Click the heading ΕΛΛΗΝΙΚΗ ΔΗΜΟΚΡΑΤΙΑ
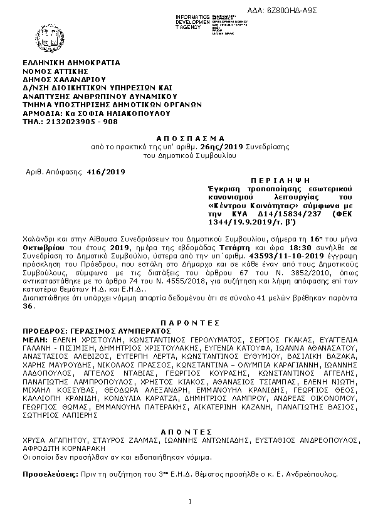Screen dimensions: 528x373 [x=71, y=63]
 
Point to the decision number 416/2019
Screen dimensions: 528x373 [x=107, y=171]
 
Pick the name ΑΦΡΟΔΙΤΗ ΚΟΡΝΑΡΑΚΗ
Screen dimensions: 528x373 [x=64, y=449]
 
